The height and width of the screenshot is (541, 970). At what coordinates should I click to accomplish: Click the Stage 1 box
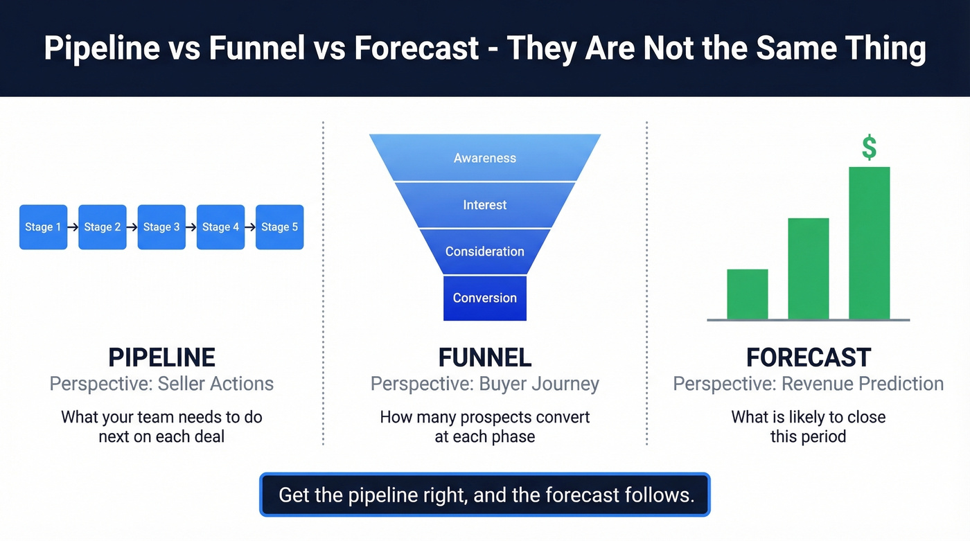pos(43,227)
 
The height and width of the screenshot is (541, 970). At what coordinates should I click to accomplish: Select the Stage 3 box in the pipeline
pos(161,227)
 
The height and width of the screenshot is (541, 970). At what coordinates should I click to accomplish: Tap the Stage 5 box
pos(280,227)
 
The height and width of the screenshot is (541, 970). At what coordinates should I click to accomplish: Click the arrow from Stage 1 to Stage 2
pos(73,227)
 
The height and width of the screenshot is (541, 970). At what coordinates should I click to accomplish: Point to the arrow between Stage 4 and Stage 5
pos(250,227)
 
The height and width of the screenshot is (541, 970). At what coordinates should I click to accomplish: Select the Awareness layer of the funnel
pos(485,158)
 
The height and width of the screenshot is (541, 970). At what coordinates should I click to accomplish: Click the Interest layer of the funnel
pos(485,205)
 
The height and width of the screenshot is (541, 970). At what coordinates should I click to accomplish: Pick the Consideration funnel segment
pos(485,251)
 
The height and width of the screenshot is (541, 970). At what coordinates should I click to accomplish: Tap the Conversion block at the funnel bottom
pos(485,298)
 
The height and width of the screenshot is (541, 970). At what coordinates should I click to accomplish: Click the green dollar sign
pos(869,148)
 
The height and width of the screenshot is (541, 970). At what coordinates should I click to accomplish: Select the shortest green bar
pos(747,294)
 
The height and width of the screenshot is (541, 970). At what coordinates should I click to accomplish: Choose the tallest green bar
pos(869,242)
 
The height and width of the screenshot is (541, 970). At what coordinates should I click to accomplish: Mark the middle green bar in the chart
pos(808,268)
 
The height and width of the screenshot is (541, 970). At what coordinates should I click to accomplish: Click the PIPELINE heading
pos(161,357)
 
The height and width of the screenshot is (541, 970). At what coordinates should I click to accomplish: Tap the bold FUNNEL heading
pos(485,357)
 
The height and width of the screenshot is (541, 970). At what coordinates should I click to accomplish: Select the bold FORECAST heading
pos(808,357)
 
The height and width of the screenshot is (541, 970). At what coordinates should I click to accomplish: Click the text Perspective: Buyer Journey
pos(485,384)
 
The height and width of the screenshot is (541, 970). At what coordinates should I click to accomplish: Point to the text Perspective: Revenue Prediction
pos(808,384)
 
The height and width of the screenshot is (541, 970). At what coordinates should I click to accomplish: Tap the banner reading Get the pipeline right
pos(485,495)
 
